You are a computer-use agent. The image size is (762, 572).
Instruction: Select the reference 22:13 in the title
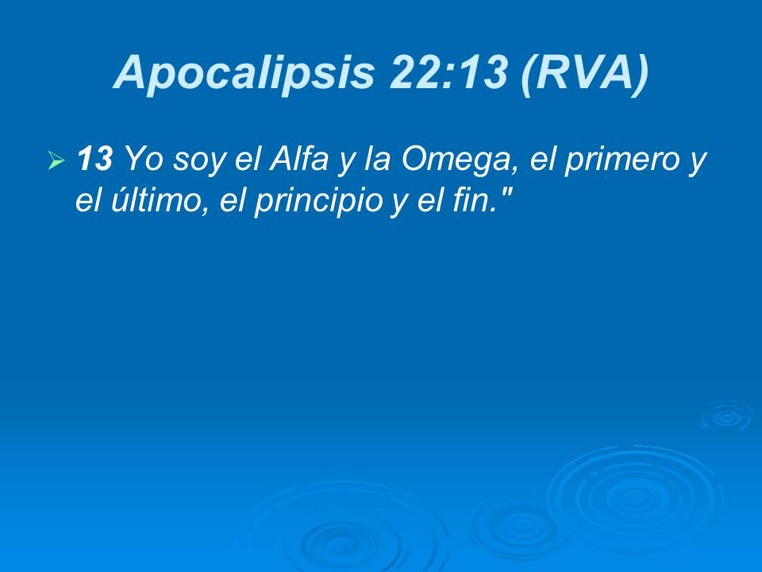[x=448, y=74]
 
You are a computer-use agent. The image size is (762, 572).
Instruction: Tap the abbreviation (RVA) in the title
[x=585, y=74]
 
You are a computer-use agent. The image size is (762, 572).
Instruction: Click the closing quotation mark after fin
[x=505, y=193]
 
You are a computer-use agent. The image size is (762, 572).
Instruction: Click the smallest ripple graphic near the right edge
[x=725, y=415]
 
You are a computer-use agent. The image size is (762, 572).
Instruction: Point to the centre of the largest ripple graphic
[x=634, y=497]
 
